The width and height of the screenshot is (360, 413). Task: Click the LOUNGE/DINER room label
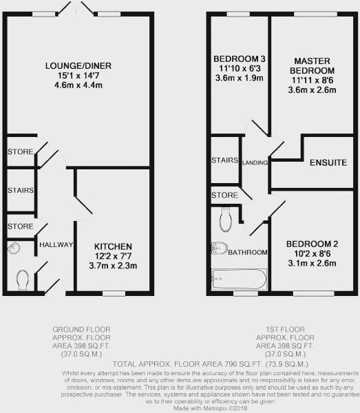[78, 65]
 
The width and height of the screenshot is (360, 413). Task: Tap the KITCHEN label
[113, 246]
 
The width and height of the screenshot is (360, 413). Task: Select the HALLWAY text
[56, 244]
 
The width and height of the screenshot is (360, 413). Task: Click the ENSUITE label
[328, 162]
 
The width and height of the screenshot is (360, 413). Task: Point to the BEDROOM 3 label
[240, 59]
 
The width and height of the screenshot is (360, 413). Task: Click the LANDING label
[255, 162]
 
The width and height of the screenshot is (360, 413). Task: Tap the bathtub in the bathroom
[239, 279]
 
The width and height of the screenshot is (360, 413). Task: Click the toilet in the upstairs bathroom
[226, 220]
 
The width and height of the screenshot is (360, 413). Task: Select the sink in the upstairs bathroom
[219, 248]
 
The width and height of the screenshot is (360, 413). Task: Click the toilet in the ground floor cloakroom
[23, 280]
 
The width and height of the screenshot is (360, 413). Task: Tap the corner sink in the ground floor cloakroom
[14, 248]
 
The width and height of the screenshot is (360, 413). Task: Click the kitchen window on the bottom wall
[114, 293]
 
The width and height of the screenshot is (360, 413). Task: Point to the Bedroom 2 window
[314, 293]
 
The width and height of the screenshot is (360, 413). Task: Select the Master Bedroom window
[315, 14]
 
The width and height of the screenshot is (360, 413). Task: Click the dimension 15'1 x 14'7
[78, 76]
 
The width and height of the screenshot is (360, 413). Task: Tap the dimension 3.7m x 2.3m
[113, 266]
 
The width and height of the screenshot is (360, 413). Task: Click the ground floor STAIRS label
[21, 190]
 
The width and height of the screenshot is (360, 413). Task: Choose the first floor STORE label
[224, 195]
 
